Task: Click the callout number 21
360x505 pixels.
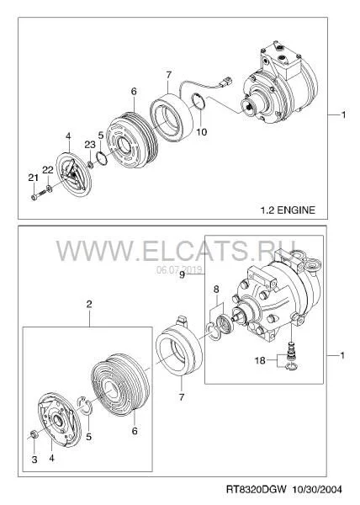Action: click(x=33, y=178)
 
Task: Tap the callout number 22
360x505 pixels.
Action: click(x=48, y=170)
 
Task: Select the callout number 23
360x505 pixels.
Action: click(x=90, y=145)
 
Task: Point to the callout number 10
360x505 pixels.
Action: click(x=202, y=132)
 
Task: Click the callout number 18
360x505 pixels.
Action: click(x=260, y=360)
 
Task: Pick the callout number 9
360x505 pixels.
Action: click(x=182, y=275)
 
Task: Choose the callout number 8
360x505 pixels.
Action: click(x=216, y=290)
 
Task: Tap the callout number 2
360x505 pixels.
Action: click(x=89, y=304)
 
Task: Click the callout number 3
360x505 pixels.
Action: click(x=34, y=460)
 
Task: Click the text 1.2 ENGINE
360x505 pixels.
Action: click(x=288, y=210)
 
